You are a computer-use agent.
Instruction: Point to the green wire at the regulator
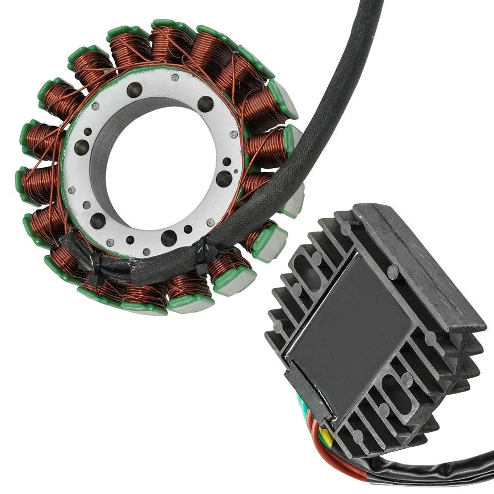click(312, 407)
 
